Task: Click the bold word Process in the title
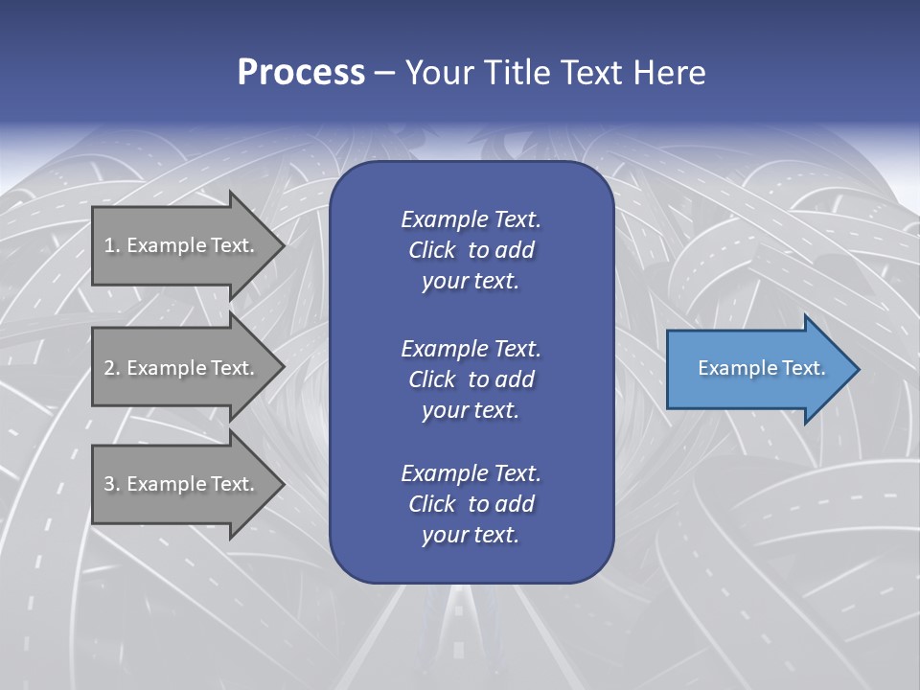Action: click(301, 73)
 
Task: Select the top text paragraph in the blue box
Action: click(471, 250)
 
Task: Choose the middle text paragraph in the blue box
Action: click(471, 379)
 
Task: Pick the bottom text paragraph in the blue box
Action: click(471, 504)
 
